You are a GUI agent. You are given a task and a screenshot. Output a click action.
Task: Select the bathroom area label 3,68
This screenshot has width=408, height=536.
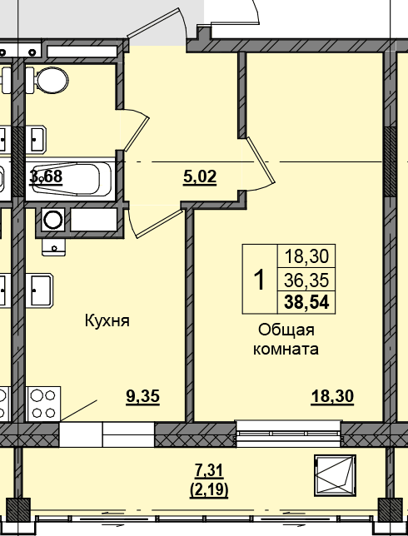[x=46, y=177]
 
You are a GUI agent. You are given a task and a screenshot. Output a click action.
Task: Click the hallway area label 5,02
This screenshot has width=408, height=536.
[x=200, y=178]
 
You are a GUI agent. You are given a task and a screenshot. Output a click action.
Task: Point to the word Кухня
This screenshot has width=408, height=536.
[x=107, y=321]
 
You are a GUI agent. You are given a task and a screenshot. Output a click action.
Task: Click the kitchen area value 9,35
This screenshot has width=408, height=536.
[x=143, y=397]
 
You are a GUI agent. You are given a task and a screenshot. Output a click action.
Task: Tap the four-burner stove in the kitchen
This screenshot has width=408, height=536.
[x=43, y=404]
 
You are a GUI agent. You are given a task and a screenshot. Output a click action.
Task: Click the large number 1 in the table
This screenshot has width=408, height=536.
[x=260, y=280]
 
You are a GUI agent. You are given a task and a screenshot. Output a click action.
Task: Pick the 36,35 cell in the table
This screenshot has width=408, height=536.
[x=306, y=280]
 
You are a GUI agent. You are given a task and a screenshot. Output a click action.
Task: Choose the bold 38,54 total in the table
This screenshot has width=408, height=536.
[x=306, y=302]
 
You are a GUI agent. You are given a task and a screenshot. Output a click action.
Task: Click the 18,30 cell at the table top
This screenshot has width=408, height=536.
[x=306, y=256]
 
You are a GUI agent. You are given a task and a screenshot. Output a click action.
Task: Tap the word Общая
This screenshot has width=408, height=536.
[x=286, y=330]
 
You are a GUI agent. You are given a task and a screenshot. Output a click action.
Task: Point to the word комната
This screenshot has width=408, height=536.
[x=286, y=350]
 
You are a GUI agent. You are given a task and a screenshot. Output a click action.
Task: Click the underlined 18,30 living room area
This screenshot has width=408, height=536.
[x=332, y=397]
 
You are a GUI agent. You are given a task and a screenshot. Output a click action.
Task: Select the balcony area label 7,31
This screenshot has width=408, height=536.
[x=209, y=471]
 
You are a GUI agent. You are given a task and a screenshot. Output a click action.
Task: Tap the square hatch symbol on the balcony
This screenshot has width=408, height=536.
[x=336, y=476]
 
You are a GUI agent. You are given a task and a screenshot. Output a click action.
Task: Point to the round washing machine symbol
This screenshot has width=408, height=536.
[x=53, y=219]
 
